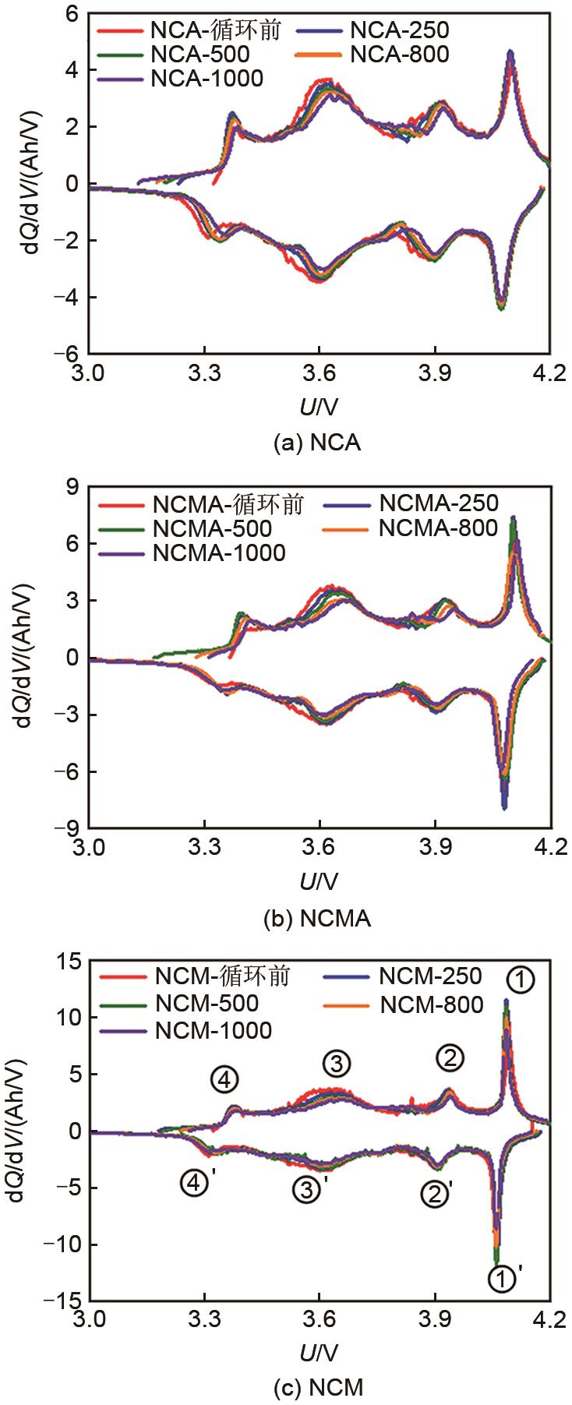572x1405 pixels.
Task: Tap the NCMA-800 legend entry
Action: point(437,528)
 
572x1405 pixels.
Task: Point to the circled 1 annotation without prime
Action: point(521,980)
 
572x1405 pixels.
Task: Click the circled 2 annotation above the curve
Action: point(450,1057)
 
